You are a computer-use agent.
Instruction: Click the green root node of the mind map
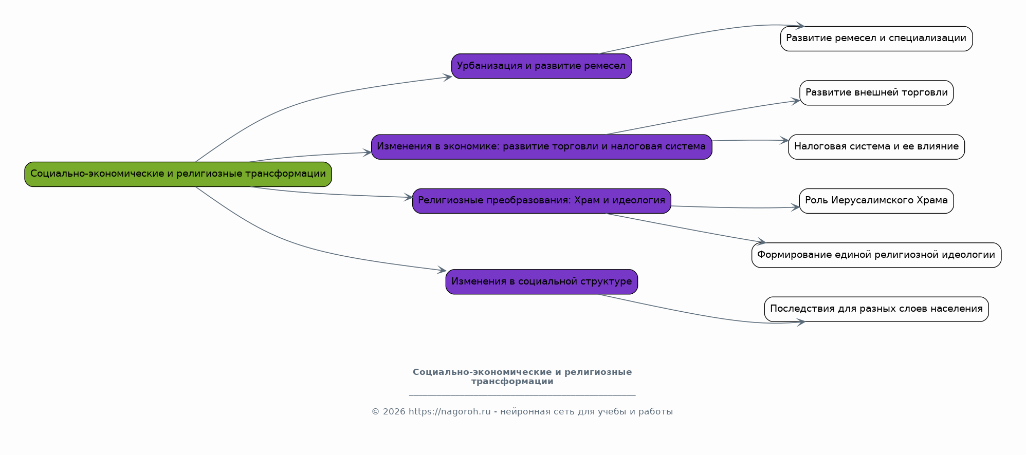pyautogui.click(x=178, y=174)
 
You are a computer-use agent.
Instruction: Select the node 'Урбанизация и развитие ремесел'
pyautogui.click(x=541, y=66)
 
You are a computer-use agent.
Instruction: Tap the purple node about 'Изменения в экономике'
pyautogui.click(x=541, y=147)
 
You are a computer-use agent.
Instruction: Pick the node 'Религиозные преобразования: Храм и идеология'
pyautogui.click(x=541, y=201)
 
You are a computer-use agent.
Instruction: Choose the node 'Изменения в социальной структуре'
pyautogui.click(x=541, y=282)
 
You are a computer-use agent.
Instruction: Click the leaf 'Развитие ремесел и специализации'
pyautogui.click(x=876, y=39)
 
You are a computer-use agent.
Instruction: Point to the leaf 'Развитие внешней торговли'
pyautogui.click(x=876, y=93)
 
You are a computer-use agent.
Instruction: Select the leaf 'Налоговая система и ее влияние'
pyautogui.click(x=876, y=147)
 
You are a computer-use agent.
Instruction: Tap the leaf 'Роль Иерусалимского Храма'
pyautogui.click(x=876, y=201)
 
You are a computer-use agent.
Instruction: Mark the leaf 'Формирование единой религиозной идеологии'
pyautogui.click(x=876, y=255)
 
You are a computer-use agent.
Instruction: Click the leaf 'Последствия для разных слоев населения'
pyautogui.click(x=876, y=309)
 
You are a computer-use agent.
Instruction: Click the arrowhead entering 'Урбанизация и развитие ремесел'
pyautogui.click(x=448, y=77)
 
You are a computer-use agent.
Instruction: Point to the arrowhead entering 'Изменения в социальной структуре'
pyautogui.click(x=442, y=270)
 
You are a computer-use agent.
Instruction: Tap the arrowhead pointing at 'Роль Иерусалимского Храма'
pyautogui.click(x=795, y=207)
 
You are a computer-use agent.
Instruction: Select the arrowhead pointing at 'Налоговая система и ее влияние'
pyautogui.click(x=784, y=140)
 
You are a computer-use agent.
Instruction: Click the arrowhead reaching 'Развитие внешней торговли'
pyautogui.click(x=796, y=101)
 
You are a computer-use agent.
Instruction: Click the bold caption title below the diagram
pyautogui.click(x=522, y=376)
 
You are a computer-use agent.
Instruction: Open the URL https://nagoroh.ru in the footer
pyautogui.click(x=450, y=412)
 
